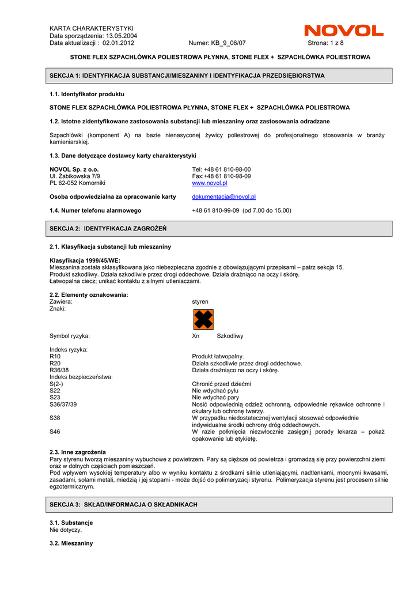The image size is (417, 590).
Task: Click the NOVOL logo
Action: point(343,31)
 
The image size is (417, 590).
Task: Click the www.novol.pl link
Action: point(209,183)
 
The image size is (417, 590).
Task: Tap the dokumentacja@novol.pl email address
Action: point(223,197)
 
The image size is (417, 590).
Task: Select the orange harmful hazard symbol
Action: point(203,319)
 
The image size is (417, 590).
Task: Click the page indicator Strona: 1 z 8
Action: point(325,43)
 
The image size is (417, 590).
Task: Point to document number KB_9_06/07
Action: point(217,43)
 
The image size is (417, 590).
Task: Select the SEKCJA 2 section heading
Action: point(108,229)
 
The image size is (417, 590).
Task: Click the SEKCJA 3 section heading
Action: point(123,505)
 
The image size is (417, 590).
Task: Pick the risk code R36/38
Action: point(59,370)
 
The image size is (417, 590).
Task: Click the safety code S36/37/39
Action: point(63,404)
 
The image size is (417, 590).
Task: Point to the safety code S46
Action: point(55,432)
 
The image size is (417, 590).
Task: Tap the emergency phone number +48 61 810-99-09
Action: point(215,211)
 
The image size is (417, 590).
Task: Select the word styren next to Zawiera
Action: point(200,302)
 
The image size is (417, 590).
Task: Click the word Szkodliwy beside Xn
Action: point(230,336)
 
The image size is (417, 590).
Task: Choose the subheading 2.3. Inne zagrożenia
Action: point(78,452)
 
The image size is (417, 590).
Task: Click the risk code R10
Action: point(55,357)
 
